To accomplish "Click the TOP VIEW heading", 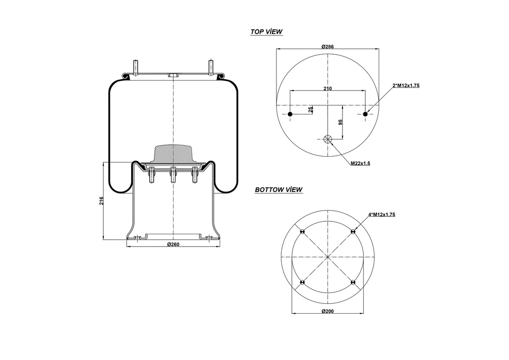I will point(266,32).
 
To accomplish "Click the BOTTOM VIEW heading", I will point(278,189).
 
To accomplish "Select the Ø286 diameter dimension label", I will point(327,46).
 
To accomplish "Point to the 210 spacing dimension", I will point(328,88).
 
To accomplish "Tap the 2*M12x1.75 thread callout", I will point(406,86).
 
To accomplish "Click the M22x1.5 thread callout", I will point(361,163).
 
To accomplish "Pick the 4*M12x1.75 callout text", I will point(381,214).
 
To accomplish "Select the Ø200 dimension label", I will point(327,311).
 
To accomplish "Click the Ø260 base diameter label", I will point(172,244).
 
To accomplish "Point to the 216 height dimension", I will point(101,200).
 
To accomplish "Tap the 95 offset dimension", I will point(340,122).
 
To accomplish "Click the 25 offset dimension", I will point(311,110).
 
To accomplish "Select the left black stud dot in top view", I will point(290,114).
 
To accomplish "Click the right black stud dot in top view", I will point(365,114).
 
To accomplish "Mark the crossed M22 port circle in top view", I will point(328,139).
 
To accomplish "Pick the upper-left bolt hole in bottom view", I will point(302,232).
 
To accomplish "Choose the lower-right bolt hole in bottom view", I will point(353,282).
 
